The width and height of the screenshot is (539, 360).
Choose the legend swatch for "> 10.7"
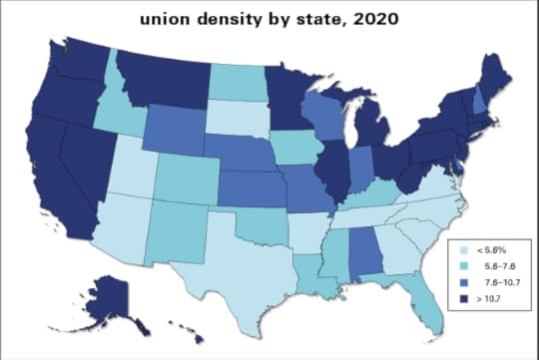[456, 298]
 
